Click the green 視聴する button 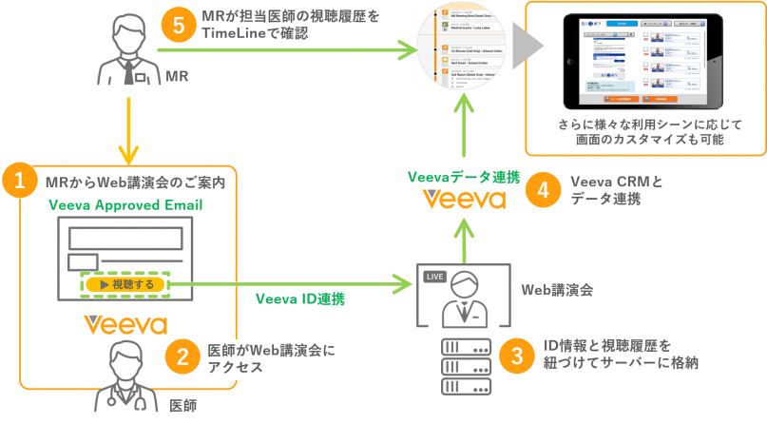click(124, 283)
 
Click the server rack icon click(466, 365)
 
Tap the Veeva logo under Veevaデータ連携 click(465, 201)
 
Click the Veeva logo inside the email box click(125, 323)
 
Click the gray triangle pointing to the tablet click(526, 45)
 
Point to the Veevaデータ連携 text click(464, 177)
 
